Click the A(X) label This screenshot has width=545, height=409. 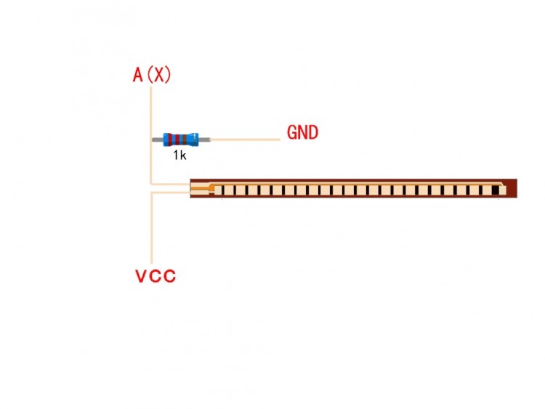152,75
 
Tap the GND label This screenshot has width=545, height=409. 302,132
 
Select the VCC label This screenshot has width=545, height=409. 156,276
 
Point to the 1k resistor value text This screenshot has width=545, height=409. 179,155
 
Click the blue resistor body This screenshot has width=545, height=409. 181,139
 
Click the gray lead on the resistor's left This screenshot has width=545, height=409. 158,139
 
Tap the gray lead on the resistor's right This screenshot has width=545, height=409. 204,139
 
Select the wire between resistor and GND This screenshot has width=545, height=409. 245,139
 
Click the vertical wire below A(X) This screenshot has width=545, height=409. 151,135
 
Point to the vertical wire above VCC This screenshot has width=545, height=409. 152,227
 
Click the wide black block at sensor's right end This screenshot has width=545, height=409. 496,190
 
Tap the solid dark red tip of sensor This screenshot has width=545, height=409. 512,188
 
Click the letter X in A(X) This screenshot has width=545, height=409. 159,75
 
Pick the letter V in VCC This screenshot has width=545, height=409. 141,276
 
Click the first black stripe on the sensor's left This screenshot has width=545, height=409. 222,190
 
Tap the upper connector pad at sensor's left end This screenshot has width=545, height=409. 200,185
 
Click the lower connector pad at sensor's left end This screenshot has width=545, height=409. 200,193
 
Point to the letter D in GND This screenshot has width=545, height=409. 312,132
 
